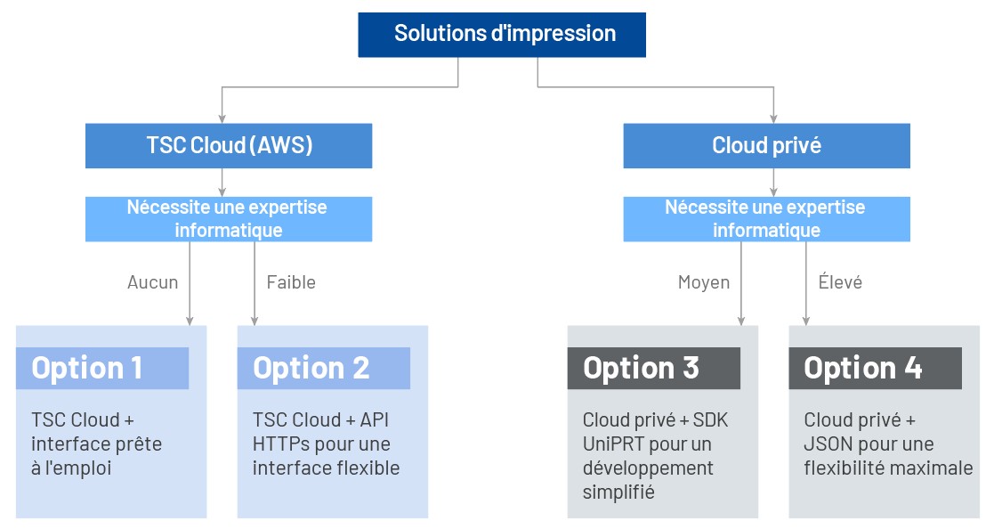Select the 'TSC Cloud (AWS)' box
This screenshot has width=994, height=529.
coord(229,146)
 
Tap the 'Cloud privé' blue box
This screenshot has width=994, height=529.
coord(766,146)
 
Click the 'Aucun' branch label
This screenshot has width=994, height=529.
coord(152,282)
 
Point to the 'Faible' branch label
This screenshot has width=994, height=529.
coord(291,282)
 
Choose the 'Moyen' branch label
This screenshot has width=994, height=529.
coord(703,282)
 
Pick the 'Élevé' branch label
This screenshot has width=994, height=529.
coord(840,282)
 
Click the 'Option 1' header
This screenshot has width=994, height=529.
coord(102,368)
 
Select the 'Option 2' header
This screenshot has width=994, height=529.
coord(323,368)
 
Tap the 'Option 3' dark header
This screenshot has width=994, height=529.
coord(653,368)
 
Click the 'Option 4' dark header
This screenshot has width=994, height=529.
coord(875,368)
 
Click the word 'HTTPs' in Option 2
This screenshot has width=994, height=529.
coord(278,444)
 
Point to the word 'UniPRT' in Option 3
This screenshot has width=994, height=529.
coord(610,444)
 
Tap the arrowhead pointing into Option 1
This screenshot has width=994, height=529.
coord(190,321)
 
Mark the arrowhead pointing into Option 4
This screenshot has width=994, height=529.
coord(806,321)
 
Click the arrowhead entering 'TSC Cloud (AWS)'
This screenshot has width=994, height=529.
coord(222,118)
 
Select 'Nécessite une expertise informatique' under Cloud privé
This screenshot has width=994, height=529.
coord(766,219)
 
